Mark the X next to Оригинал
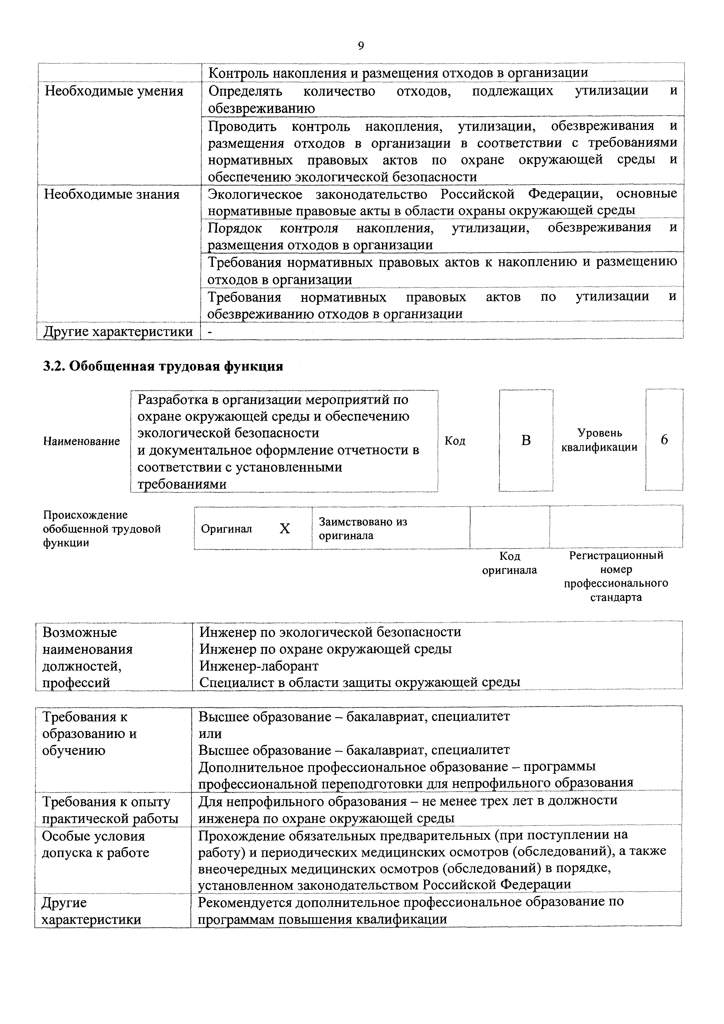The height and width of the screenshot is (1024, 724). (x=284, y=529)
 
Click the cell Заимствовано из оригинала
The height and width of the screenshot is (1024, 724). (x=363, y=529)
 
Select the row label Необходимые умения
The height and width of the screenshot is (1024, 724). (x=114, y=91)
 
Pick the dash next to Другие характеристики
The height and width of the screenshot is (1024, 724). (x=210, y=332)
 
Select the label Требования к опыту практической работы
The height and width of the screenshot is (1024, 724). (x=110, y=810)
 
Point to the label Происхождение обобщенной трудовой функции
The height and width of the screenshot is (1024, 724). (x=102, y=529)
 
